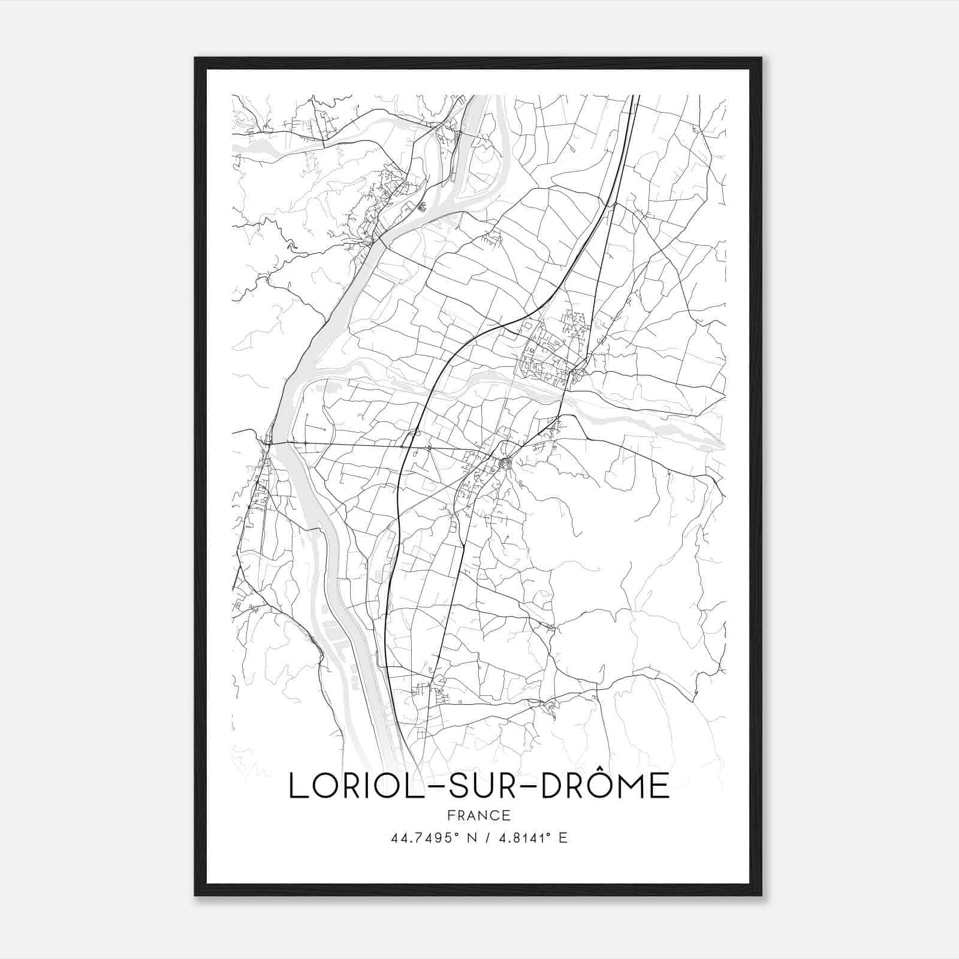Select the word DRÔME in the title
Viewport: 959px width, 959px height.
point(605,786)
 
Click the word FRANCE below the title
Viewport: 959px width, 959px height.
point(478,815)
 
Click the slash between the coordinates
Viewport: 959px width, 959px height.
point(484,838)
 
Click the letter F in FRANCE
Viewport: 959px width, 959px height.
point(450,815)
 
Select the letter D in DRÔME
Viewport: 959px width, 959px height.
point(553,786)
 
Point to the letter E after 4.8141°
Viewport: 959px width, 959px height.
point(563,838)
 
